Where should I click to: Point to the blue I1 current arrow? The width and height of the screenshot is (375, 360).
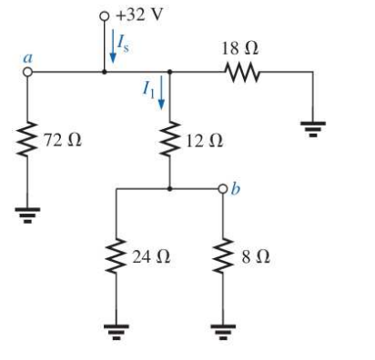pos(163,93)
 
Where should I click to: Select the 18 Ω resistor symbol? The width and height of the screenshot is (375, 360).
pos(243,75)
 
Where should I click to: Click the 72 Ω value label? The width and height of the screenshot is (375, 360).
pos(61,141)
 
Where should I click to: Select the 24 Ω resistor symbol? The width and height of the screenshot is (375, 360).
pos(117,257)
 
